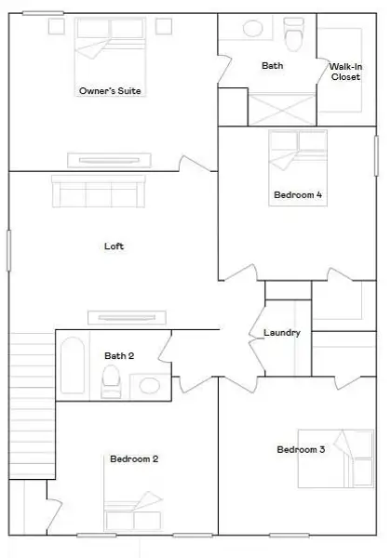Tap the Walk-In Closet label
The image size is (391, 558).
(345, 71)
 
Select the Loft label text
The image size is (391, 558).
(114, 246)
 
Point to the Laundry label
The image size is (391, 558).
(281, 332)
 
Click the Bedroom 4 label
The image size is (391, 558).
(298, 195)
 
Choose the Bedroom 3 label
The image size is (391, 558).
(301, 450)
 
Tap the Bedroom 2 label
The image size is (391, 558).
(134, 458)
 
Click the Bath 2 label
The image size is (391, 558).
(119, 355)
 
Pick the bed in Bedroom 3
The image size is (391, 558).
(333, 458)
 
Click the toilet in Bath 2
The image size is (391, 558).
(112, 380)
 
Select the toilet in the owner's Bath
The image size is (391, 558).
(295, 34)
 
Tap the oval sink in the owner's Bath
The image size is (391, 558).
(252, 29)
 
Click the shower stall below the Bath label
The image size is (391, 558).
(279, 106)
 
